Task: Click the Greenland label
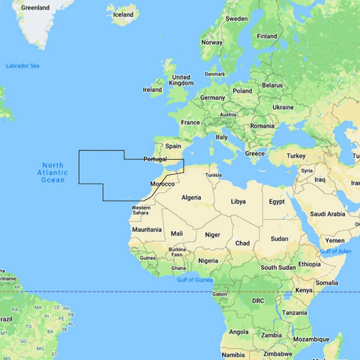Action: [x=35, y=8]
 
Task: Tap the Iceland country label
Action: [x=123, y=15]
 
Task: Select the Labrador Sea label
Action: [x=23, y=66]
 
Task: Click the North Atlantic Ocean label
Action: [x=53, y=173]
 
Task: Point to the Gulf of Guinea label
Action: [x=194, y=280]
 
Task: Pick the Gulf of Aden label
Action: [x=336, y=251]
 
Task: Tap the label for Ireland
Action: [x=152, y=90]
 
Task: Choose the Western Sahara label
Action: [x=141, y=210]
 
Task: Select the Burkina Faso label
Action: [x=177, y=252]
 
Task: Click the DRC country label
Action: [x=258, y=301]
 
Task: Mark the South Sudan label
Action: [x=278, y=267]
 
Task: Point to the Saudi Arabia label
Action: [x=328, y=214]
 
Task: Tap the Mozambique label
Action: [x=311, y=339]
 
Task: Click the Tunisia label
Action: [x=213, y=175]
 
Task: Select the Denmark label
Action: [x=215, y=74]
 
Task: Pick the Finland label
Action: [x=267, y=36]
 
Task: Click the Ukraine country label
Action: [x=283, y=107]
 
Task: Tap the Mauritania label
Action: [x=147, y=229]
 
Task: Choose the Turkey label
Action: [x=296, y=156]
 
